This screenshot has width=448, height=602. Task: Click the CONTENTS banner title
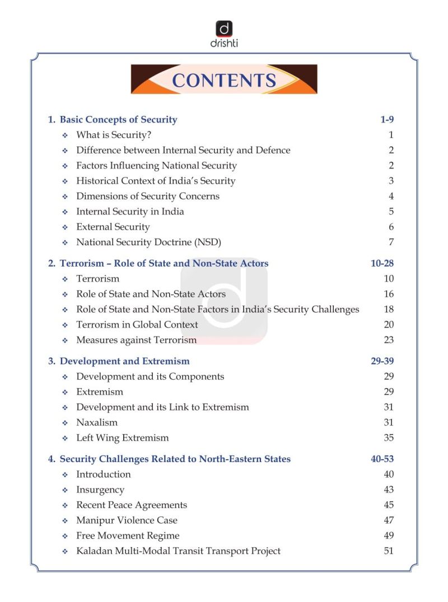[224, 80]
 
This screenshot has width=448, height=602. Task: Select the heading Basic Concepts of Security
[118, 119]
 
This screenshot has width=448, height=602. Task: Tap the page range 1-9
[387, 119]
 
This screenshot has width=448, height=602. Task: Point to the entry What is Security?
[114, 135]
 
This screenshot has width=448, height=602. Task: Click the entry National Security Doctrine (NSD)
[148, 242]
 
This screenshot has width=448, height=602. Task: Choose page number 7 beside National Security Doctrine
[391, 242]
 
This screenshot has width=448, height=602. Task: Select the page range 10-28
[382, 263]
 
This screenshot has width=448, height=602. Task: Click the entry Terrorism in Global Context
[137, 325]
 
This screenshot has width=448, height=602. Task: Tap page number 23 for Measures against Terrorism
[389, 340]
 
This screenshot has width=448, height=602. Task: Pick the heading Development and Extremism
[124, 361]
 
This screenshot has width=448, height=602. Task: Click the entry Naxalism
[97, 423]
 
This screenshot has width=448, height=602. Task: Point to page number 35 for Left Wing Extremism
[389, 438]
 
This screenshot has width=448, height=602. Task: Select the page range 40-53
[382, 459]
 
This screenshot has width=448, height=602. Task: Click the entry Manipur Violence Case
[127, 521]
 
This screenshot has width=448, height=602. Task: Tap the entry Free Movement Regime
[128, 536]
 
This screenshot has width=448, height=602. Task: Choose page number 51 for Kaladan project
[389, 551]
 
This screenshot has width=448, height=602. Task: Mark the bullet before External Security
[65, 227]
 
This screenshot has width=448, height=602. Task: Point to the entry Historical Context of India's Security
[156, 181]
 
